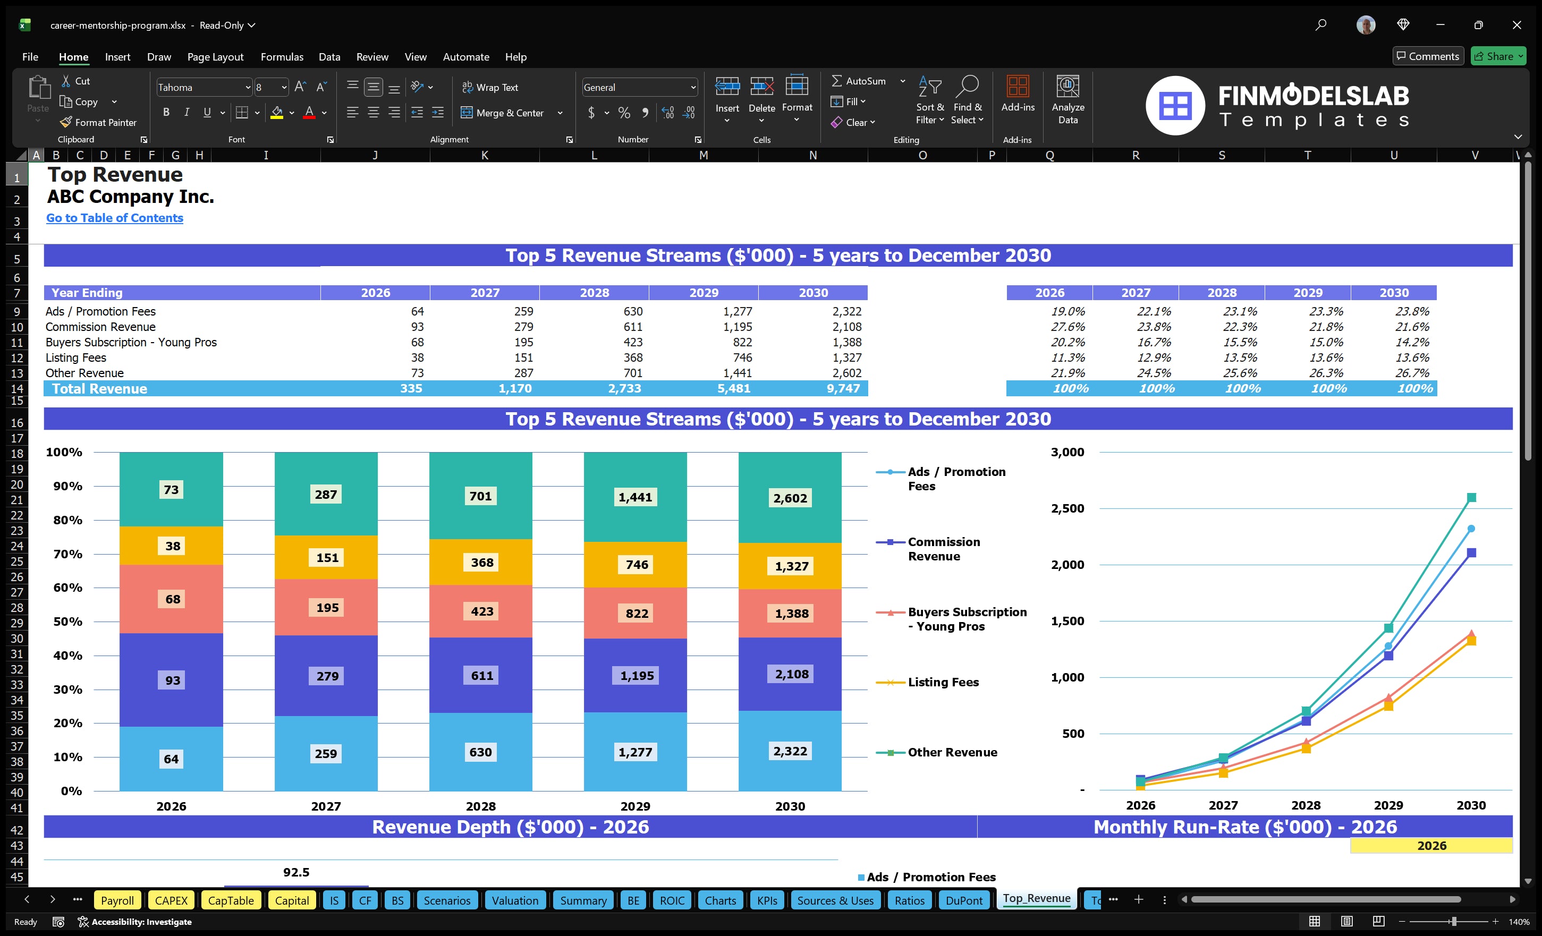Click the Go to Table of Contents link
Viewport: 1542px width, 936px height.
[115, 218]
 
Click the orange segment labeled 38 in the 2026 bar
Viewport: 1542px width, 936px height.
[172, 546]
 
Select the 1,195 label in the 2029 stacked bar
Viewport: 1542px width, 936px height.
[636, 676]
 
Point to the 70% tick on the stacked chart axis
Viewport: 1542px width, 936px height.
[67, 554]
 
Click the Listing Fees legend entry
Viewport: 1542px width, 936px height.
[943, 682]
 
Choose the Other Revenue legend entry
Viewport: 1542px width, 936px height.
[951, 752]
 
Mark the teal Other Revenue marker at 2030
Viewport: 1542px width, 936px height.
[1471, 497]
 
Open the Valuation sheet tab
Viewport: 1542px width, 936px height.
[514, 900]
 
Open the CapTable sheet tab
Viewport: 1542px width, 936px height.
[230, 900]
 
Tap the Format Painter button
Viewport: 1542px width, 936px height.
[99, 123]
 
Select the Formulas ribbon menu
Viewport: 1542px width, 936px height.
[282, 57]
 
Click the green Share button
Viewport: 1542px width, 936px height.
[1497, 56]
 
